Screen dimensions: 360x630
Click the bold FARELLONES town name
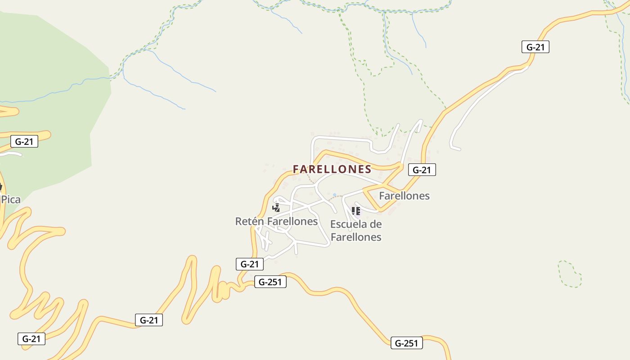(x=332, y=169)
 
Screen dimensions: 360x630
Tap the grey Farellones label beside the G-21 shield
(x=404, y=196)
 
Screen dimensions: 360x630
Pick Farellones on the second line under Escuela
(x=356, y=237)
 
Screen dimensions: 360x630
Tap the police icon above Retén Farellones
(x=276, y=207)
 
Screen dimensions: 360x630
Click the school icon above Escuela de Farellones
(x=356, y=211)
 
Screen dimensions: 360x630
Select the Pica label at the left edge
(x=11, y=199)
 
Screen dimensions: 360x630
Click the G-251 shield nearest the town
(x=270, y=282)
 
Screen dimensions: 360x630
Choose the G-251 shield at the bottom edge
(x=406, y=343)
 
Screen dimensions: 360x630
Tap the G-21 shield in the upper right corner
(x=535, y=47)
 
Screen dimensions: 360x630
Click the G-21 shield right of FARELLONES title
(x=422, y=170)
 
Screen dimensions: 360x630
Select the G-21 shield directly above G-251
(x=249, y=264)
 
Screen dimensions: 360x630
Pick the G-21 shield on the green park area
(x=24, y=141)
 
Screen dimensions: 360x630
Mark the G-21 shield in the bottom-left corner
(x=31, y=339)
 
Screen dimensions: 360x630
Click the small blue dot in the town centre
(x=334, y=195)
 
